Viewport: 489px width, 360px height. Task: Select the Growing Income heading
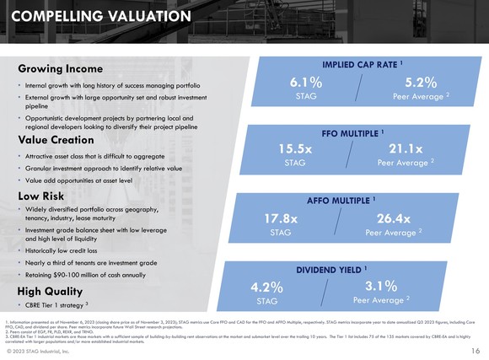[61, 68]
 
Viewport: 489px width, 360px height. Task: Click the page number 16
[475, 350]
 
